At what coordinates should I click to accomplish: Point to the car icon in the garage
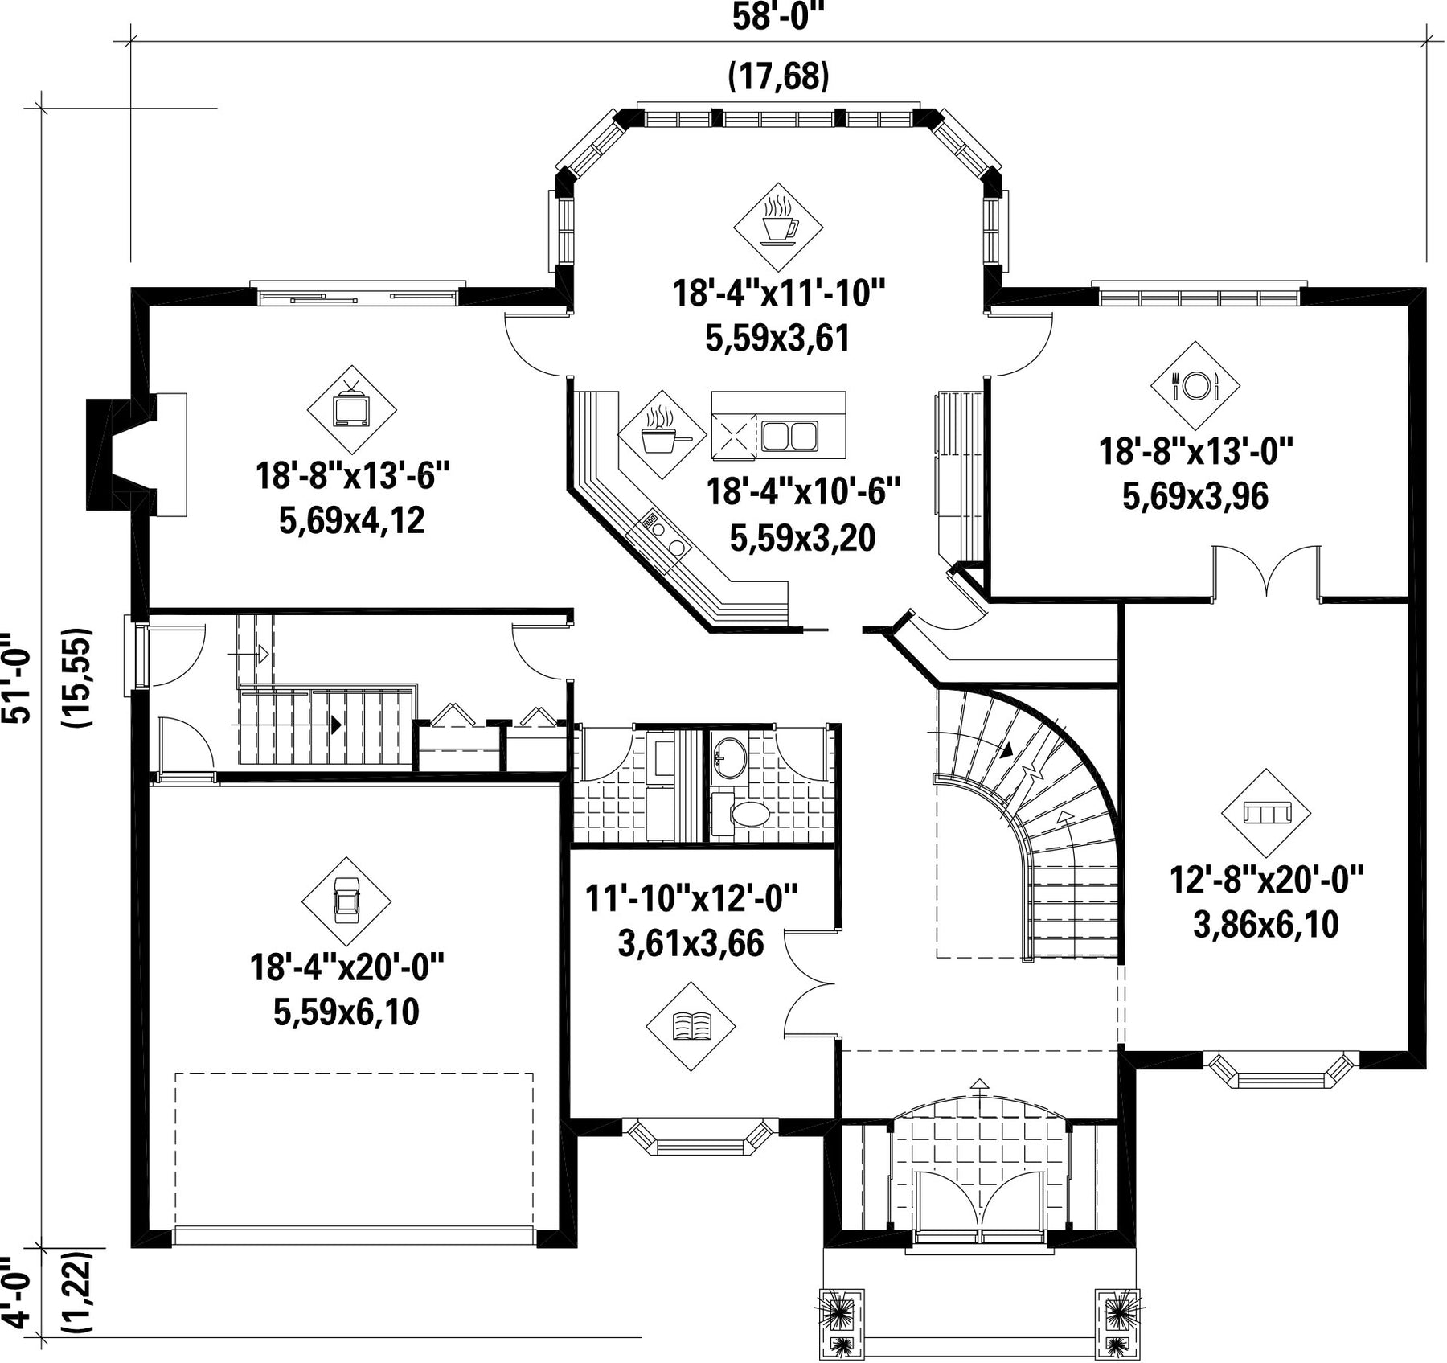pyautogui.click(x=346, y=901)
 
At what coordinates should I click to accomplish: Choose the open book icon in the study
pyautogui.click(x=691, y=1026)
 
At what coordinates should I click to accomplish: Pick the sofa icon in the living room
pyautogui.click(x=1266, y=813)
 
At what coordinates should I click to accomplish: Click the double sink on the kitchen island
pyautogui.click(x=789, y=435)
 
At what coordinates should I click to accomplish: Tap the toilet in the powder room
pyautogui.click(x=742, y=815)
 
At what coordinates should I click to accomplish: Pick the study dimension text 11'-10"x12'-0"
pyautogui.click(x=691, y=898)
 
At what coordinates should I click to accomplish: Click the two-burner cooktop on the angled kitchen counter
pyautogui.click(x=664, y=537)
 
